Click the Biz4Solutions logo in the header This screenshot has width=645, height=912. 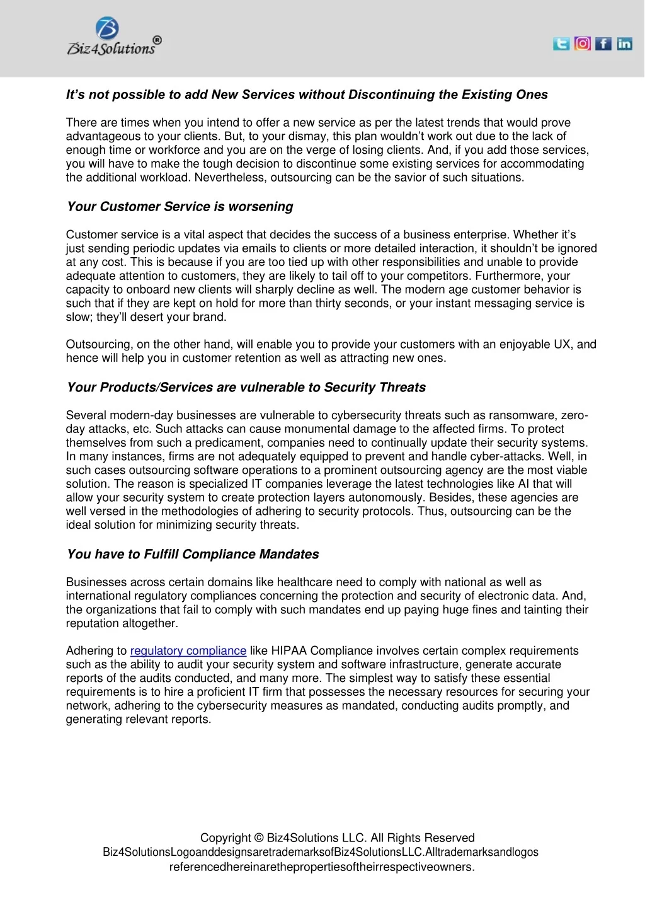pyautogui.click(x=114, y=37)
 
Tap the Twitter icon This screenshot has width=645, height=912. pyautogui.click(x=561, y=43)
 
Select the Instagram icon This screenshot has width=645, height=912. pyautogui.click(x=583, y=43)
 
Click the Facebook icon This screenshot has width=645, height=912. pyautogui.click(x=603, y=43)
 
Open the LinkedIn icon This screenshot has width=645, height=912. pyautogui.click(x=624, y=43)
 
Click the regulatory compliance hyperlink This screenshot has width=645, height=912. pyautogui.click(x=188, y=651)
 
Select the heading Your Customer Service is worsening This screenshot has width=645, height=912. pyautogui.click(x=180, y=207)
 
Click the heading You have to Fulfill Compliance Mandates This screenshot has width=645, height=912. pyautogui.click(x=193, y=555)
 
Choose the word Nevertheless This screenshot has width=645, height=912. pyautogui.click(x=231, y=178)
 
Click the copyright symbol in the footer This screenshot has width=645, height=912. pyautogui.click(x=260, y=838)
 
